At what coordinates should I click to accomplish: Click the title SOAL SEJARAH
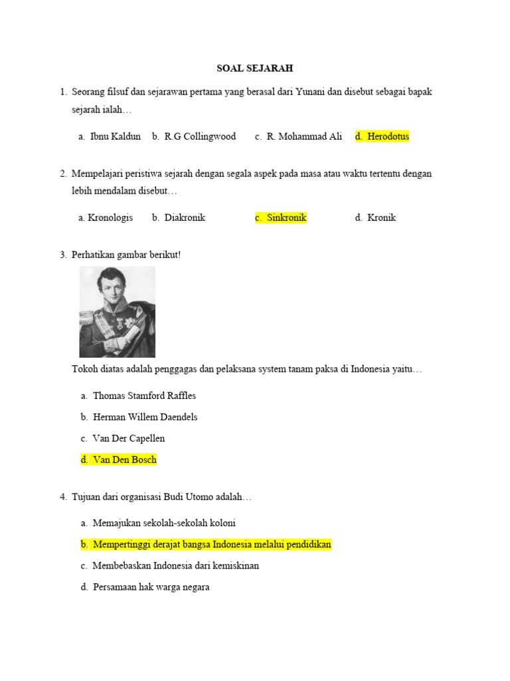[255, 68]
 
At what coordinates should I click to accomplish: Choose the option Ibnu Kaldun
[115, 136]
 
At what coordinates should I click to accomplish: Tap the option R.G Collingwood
[199, 136]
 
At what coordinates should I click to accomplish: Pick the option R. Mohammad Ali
[304, 136]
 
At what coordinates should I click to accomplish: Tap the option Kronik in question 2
[381, 217]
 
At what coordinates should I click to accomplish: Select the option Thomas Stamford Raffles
[144, 396]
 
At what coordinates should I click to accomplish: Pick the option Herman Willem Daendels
[145, 417]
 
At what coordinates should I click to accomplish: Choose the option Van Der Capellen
[129, 438]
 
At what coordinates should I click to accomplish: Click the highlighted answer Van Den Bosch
[124, 460]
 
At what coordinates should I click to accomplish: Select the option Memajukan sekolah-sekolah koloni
[164, 523]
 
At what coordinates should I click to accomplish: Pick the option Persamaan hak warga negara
[151, 587]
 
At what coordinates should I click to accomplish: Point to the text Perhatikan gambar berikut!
[126, 255]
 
